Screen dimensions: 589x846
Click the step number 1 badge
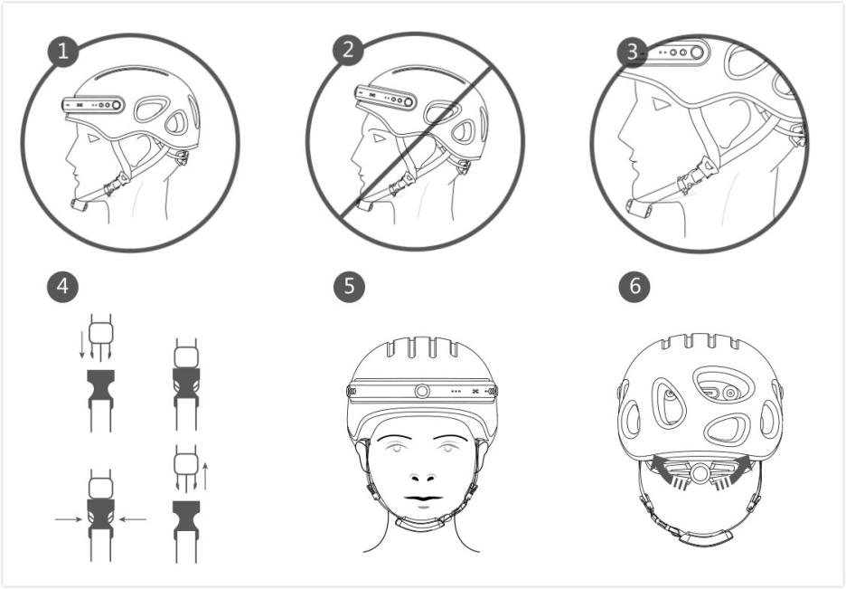point(62,51)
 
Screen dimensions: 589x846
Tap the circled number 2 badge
point(347,51)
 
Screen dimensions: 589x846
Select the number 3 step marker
point(633,51)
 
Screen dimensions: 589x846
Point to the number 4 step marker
point(62,287)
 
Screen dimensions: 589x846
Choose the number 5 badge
point(348,287)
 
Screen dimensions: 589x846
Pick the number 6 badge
point(634,287)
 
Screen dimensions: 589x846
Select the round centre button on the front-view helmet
point(422,392)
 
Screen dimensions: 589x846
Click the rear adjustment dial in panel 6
point(698,472)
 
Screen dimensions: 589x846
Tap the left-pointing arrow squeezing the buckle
point(134,518)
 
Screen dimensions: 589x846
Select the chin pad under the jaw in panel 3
point(641,209)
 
